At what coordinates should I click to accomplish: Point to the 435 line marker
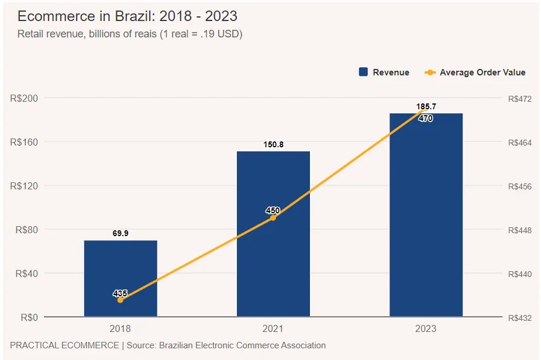120,300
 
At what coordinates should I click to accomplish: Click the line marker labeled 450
273,217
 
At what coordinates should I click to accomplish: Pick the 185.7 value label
426,106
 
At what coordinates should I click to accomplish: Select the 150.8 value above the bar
273,144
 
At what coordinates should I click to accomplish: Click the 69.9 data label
120,233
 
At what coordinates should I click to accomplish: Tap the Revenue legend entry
384,72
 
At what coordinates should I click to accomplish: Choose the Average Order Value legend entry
475,72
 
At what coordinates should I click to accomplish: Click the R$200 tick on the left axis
24,98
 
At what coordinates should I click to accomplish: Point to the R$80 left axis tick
26,230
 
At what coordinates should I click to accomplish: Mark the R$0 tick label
29,317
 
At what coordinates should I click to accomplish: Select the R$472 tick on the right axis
520,99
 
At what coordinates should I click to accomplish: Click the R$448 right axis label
520,230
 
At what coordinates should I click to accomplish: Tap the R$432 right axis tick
520,318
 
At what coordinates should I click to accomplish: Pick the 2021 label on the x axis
273,329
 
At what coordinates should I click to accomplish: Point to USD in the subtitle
229,34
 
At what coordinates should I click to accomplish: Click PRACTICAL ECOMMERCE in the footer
64,345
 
